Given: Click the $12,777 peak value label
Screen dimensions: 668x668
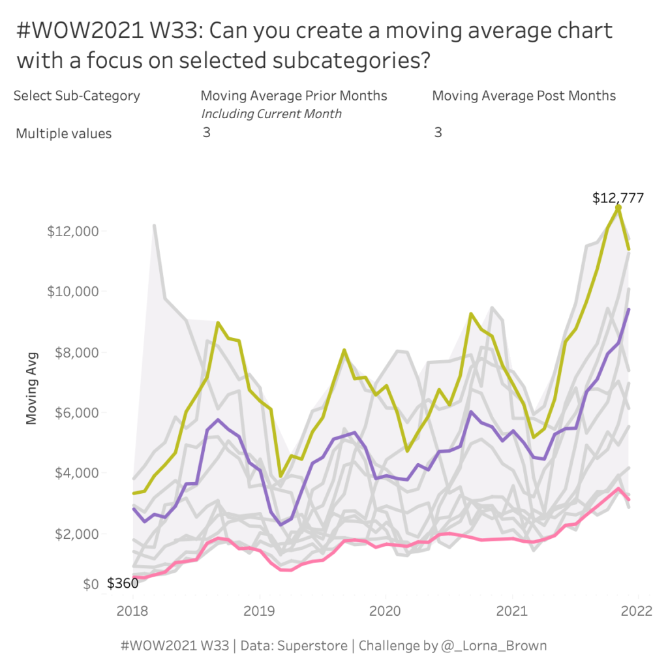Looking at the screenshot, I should [x=618, y=198].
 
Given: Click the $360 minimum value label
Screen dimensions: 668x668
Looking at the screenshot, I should [x=123, y=583].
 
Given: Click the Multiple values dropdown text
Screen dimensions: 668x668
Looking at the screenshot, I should [x=63, y=134].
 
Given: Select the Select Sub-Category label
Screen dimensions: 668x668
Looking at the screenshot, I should [x=76, y=96].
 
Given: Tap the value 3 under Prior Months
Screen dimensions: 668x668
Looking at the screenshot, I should [x=206, y=132].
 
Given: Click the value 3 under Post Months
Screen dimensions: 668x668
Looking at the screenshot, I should [x=438, y=132].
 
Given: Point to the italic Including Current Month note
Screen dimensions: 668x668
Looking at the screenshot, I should [x=271, y=114].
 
